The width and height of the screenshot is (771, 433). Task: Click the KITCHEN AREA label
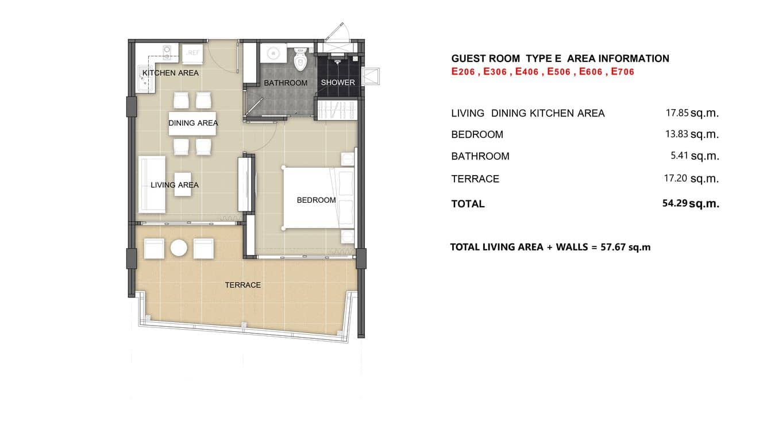170,73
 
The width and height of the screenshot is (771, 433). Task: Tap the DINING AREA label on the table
193,123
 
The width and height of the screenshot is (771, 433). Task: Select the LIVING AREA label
175,185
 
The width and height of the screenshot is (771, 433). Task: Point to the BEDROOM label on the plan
316,200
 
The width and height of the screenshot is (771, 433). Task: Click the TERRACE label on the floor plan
242,285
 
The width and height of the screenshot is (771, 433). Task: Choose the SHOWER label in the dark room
338,83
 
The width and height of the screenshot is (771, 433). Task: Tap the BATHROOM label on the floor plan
286,83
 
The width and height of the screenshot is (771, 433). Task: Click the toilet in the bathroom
300,60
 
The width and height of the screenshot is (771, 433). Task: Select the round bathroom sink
272,55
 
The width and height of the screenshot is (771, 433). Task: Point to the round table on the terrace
179,249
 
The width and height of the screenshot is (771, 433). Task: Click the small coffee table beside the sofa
183,184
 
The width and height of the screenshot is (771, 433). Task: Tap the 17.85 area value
677,113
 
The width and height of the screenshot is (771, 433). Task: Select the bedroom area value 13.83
677,134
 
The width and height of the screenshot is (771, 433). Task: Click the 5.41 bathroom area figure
679,156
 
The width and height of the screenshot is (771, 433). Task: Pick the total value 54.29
675,203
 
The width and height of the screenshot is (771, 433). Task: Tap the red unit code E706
622,72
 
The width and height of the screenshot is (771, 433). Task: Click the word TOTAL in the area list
468,204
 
